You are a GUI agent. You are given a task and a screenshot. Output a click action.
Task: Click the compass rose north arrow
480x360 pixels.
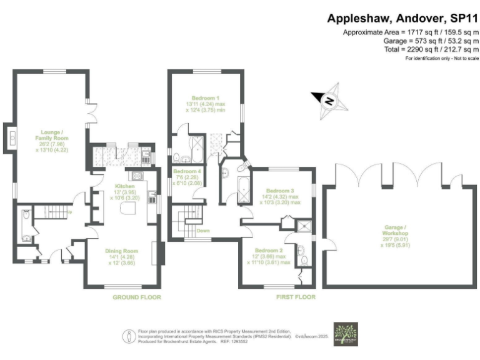tap(330, 99)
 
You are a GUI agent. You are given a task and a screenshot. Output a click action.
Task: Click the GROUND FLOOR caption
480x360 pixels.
tap(136, 297)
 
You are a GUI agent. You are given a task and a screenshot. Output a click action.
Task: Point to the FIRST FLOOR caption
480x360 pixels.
tap(296, 297)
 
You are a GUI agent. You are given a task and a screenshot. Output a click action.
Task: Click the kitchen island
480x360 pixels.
tap(129, 207)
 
